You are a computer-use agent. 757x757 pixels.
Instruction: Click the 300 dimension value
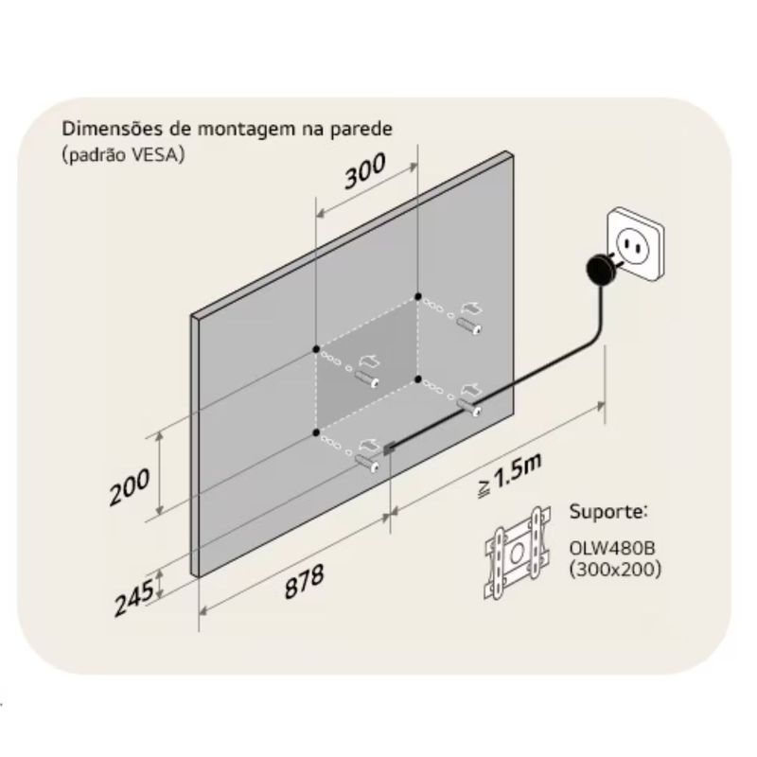pos(365,170)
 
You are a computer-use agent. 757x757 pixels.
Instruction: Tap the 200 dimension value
pos(130,487)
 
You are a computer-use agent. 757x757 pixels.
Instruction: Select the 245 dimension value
pos(134,598)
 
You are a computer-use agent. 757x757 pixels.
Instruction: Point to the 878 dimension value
pos(304,582)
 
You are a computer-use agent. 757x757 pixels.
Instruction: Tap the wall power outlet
pos(635,244)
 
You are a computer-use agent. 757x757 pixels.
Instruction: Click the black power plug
pos(601,270)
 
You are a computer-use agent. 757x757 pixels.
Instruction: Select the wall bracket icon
pos(518,554)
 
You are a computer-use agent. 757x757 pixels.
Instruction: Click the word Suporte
pos(608,511)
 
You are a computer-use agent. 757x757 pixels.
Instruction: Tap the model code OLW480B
pos(612,549)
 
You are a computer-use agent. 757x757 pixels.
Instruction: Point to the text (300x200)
pos(615,570)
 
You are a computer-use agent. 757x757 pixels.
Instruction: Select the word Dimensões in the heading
pos(113,129)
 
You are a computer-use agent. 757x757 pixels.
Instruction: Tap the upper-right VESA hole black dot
pos(418,296)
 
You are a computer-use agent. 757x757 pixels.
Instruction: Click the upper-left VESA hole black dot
pos(316,349)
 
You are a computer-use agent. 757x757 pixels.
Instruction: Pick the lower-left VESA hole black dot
pos(316,432)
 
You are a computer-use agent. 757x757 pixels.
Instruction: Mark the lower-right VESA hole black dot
pos(418,379)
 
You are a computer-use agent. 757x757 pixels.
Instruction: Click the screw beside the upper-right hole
pos(469,326)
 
